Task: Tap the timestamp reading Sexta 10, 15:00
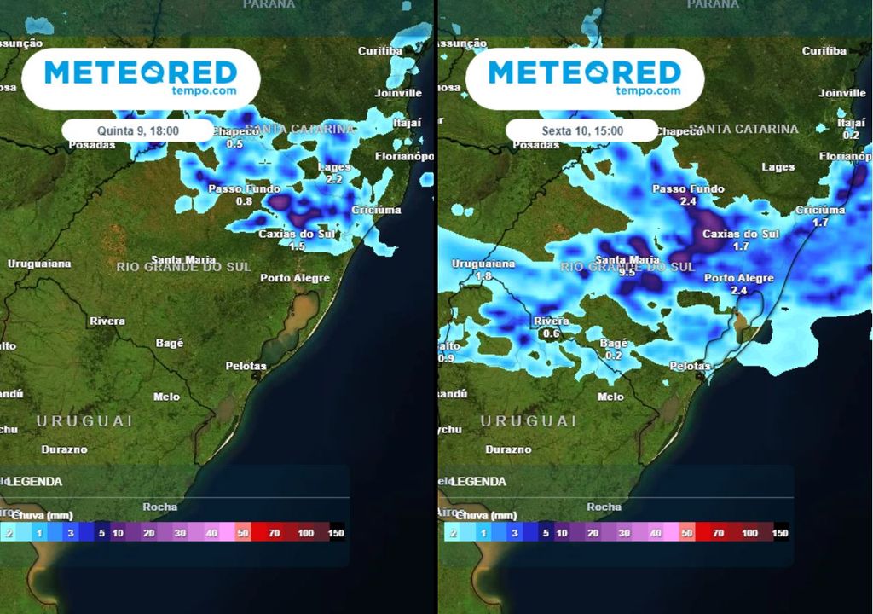[582, 131]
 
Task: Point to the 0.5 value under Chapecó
[234, 144]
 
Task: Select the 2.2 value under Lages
[334, 179]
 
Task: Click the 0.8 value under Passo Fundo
[244, 201]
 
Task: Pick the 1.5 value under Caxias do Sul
[297, 246]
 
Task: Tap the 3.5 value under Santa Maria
[627, 272]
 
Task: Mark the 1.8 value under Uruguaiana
[484, 276]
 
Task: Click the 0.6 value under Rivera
[551, 333]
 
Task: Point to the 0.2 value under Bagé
[613, 355]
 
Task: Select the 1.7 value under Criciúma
[820, 223]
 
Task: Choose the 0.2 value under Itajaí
[851, 135]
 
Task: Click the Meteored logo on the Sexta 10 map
[584, 78]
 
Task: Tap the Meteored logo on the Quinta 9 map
[140, 78]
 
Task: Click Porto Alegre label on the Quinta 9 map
[295, 278]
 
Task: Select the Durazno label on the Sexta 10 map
[508, 449]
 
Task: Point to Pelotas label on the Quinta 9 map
[246, 366]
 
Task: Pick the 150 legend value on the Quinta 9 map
[337, 533]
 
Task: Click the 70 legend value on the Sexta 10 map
[718, 533]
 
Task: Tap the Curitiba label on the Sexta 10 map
[824, 51]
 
